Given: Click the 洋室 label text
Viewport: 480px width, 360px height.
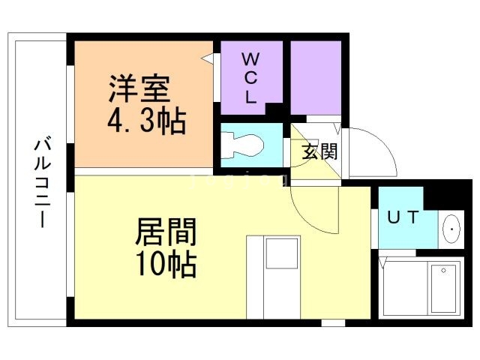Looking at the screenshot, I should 139,90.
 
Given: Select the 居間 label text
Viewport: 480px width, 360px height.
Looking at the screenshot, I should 166,233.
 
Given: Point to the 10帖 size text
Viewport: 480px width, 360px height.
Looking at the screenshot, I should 166,264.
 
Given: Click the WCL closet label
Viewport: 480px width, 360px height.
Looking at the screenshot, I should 250,77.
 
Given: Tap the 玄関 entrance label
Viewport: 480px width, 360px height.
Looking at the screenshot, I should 319,151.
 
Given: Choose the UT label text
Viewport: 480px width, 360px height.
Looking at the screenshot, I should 402,218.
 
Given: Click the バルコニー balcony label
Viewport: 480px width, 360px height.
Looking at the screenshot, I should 41,183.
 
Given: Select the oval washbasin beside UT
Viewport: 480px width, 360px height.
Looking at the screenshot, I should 452,229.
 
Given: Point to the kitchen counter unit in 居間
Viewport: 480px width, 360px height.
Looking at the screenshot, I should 274,277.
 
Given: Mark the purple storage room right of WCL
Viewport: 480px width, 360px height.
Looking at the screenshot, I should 315,76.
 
